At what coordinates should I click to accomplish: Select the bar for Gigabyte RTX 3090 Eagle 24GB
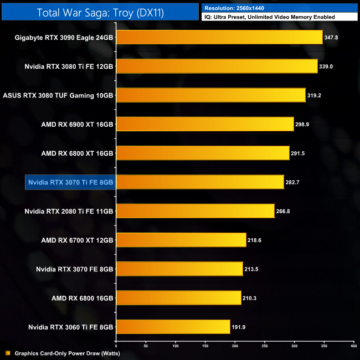click(219, 37)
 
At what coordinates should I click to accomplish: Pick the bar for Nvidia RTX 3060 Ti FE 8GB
click(172, 327)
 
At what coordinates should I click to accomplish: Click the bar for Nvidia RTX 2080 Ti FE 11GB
click(195, 211)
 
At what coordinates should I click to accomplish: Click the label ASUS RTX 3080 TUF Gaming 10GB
click(58, 95)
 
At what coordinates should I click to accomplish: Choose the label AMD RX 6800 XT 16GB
click(77, 153)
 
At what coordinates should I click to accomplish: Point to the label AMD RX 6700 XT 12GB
click(77, 240)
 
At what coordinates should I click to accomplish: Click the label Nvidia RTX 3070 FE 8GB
click(75, 269)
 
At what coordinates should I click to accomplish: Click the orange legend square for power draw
click(7, 353)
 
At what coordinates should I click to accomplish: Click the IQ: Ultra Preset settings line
click(270, 17)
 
